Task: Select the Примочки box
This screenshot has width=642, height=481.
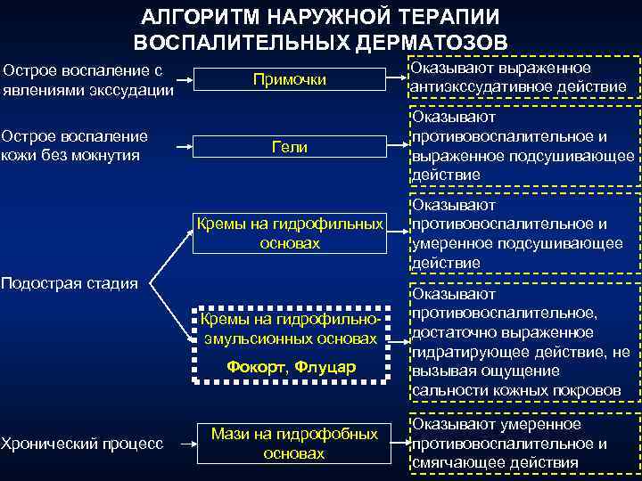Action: click(x=290, y=80)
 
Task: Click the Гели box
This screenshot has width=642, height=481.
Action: click(x=290, y=147)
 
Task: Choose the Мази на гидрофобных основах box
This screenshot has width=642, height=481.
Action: click(x=294, y=443)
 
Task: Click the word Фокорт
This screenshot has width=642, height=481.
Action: click(x=257, y=367)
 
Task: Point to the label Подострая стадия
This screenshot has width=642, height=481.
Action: click(x=70, y=283)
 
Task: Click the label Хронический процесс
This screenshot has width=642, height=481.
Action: click(x=82, y=443)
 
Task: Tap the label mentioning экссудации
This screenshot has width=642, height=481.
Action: click(x=87, y=79)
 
